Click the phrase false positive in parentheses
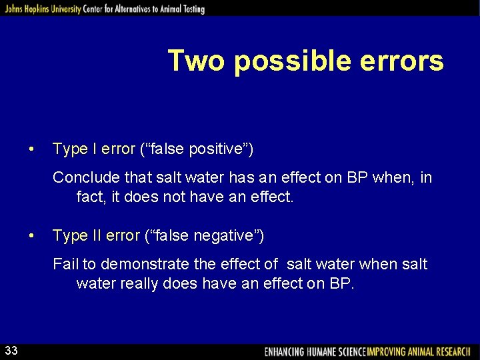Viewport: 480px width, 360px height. point(197,149)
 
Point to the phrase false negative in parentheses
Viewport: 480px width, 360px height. point(203,235)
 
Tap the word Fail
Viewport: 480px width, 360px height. point(65,265)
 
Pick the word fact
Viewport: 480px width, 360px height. point(89,197)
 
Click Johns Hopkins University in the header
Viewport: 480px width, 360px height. point(42,9)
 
